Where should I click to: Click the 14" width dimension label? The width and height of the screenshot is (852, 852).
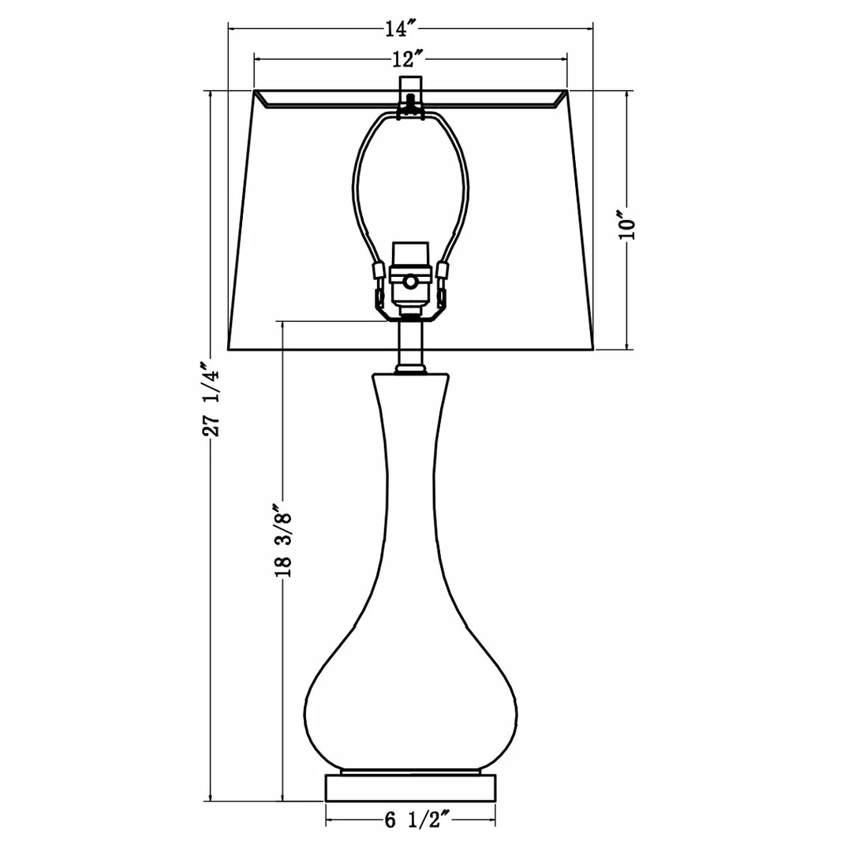401,28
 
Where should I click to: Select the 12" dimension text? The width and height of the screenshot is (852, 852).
408,58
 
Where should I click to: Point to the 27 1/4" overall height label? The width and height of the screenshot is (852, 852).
211,399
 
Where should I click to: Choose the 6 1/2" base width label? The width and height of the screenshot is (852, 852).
417,820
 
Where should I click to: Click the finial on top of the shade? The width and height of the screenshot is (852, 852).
411,87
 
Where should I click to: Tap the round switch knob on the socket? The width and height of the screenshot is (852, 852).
411,282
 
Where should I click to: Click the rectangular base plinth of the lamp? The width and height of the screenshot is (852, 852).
411,787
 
